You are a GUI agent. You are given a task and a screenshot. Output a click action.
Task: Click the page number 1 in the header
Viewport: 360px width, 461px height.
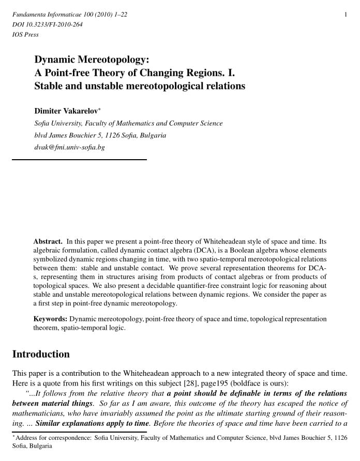(x=346, y=14)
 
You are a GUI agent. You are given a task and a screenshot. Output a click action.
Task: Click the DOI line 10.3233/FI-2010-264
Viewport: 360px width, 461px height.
(x=47, y=24)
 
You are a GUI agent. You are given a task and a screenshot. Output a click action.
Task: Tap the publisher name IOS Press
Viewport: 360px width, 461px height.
(x=25, y=35)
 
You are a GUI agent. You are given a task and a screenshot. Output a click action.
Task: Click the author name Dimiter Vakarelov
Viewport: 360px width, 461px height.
(x=66, y=111)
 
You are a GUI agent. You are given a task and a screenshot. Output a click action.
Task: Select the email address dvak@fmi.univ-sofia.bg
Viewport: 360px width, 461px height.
(x=69, y=147)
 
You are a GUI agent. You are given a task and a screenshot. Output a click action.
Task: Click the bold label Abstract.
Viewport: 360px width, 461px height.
(x=48, y=241)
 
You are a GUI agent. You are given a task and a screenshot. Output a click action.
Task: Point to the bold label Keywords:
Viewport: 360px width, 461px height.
(x=50, y=319)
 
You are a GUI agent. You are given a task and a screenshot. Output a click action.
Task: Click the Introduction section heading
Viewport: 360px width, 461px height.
(x=41, y=354)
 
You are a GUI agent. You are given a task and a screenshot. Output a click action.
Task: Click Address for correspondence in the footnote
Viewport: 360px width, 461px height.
(x=52, y=437)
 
